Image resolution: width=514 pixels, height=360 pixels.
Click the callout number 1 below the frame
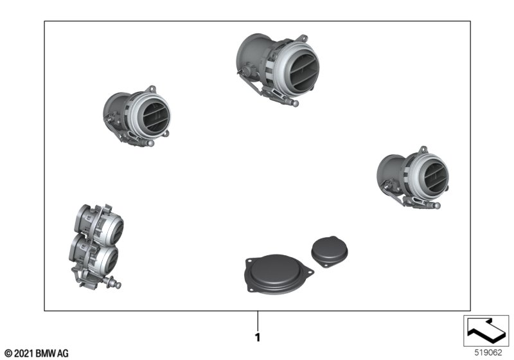[x=258, y=337]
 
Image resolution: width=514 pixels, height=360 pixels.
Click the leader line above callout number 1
[x=258, y=321]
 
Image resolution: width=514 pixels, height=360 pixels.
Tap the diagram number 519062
[x=488, y=352]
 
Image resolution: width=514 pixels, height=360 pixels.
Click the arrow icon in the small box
[x=486, y=330]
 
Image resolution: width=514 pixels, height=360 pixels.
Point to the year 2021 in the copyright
[x=23, y=354]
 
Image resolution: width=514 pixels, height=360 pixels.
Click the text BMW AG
[x=51, y=354]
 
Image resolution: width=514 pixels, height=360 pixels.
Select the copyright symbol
[x=8, y=354]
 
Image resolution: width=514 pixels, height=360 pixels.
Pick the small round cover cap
[x=330, y=251]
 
